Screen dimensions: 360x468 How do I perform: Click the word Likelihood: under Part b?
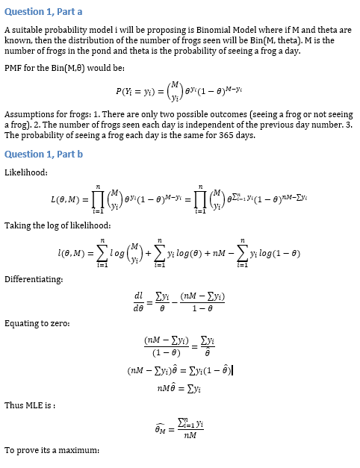26,172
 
